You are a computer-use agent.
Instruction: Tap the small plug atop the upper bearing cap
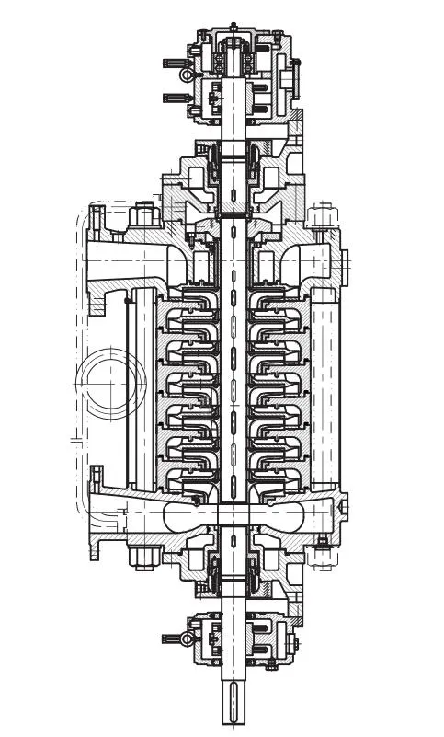[233, 26]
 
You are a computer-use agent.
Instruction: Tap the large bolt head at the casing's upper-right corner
[321, 217]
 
